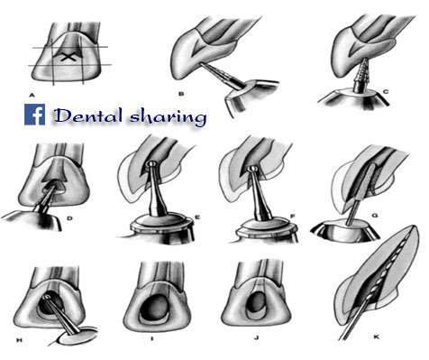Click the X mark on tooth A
68,57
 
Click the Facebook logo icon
35,115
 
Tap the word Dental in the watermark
88,115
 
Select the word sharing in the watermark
169,117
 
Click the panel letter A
32,96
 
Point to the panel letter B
181,94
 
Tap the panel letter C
386,92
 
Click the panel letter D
69,218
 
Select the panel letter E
197,216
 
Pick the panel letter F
292,216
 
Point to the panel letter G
374,216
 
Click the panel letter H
19,340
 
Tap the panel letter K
376,337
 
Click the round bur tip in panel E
151,164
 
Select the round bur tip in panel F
254,170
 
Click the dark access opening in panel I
156,306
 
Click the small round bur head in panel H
47,297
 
